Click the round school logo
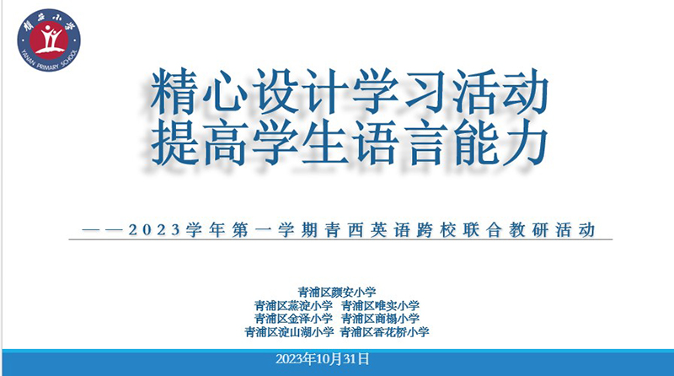click(x=49, y=40)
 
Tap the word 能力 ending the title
click(x=500, y=142)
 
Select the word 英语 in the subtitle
click(x=390, y=229)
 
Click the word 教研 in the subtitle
click(x=529, y=229)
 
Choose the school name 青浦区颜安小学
click(x=337, y=293)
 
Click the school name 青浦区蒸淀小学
click(x=293, y=306)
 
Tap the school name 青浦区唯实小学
click(x=381, y=306)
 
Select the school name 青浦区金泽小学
click(x=293, y=319)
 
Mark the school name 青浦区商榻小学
click(x=381, y=319)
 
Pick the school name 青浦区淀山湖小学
click(x=289, y=332)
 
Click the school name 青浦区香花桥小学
click(x=385, y=332)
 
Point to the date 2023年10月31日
click(x=323, y=359)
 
